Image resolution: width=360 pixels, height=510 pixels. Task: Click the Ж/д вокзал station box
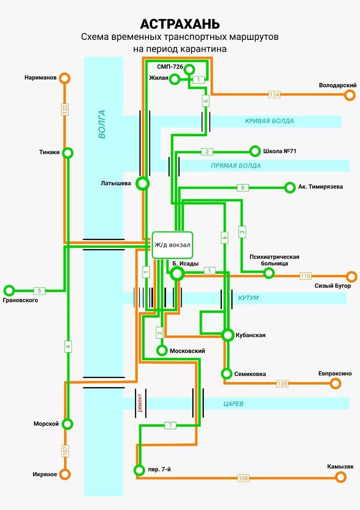coord(172,245)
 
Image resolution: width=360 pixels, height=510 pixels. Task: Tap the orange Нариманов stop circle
coord(65,78)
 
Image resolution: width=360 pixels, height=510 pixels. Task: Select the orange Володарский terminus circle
coord(350,95)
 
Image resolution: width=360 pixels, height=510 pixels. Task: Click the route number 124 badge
coord(274,94)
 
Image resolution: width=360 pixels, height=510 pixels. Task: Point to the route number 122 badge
coord(65,110)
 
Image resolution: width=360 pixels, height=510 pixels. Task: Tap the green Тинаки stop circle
coord(68,152)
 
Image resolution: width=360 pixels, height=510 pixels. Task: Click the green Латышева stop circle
coord(142,184)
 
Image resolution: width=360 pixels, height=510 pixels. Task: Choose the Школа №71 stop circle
coord(254,151)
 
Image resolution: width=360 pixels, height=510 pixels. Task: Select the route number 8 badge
coord(243,187)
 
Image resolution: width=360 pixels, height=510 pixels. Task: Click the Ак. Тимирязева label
coord(320,186)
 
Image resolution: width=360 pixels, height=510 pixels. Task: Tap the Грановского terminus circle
coord(9,290)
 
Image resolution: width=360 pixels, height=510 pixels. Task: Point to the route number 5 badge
coord(39,290)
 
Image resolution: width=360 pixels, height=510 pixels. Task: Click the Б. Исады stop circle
coord(177,273)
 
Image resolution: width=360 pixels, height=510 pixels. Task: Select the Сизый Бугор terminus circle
coord(351,276)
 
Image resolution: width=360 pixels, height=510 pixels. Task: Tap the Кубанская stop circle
coord(228,335)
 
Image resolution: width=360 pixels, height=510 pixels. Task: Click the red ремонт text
coord(140,403)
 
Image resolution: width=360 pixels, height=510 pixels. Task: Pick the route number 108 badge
coord(243,478)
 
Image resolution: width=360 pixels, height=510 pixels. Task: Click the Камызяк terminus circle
coord(340,477)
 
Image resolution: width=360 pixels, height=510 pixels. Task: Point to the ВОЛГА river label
coord(102,124)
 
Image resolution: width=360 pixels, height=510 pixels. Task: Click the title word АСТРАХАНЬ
coord(180,24)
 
